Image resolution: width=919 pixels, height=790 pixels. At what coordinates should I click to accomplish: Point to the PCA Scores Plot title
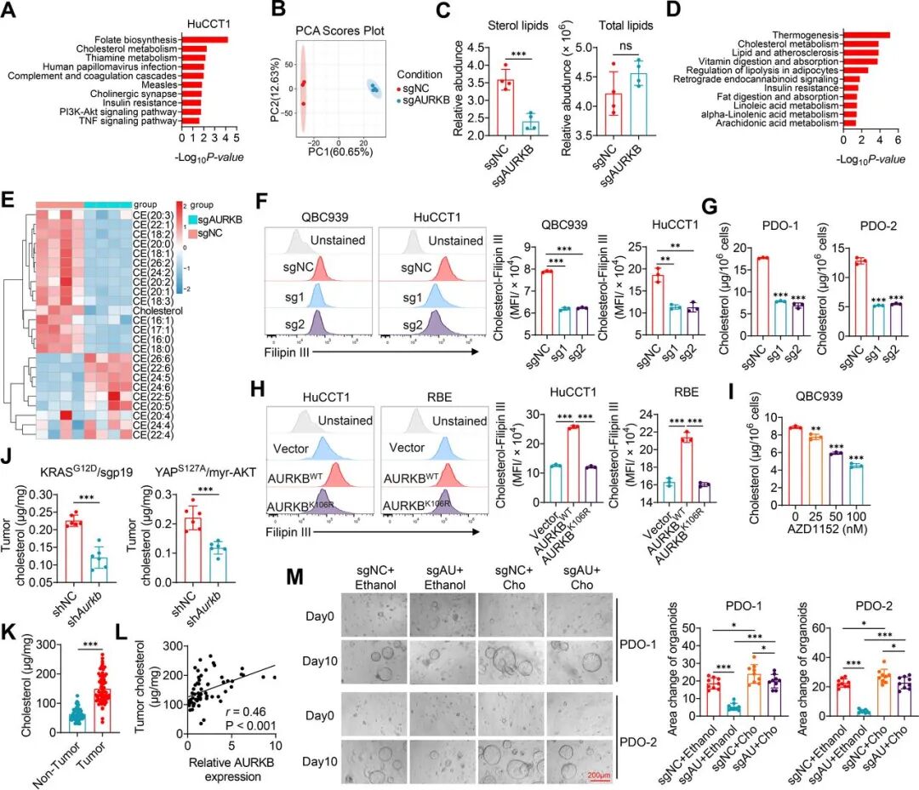[x=340, y=31]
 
